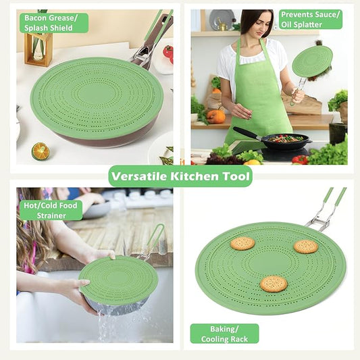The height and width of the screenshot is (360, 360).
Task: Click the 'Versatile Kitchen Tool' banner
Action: (x=180, y=176)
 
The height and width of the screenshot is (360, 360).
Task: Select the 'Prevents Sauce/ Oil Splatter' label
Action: (x=310, y=20)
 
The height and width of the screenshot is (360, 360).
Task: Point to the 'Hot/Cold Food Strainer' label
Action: (x=51, y=210)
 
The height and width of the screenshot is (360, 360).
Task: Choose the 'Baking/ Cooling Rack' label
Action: (x=224, y=333)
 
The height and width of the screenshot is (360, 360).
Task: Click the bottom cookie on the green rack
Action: (x=273, y=283)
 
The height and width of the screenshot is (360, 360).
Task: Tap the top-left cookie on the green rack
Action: (x=242, y=243)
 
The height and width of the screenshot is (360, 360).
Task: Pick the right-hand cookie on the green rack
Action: (x=305, y=247)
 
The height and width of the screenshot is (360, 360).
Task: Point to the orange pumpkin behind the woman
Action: (x=216, y=116)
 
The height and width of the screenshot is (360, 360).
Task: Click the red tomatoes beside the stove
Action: (x=300, y=159)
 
